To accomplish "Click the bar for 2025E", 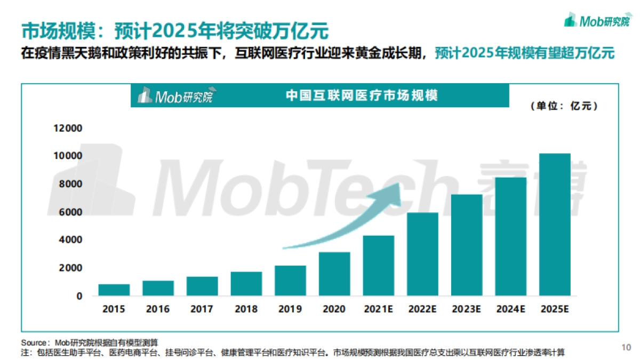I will tap(555, 225).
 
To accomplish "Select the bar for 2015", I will tap(114, 290).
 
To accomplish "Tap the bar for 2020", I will tap(334, 274).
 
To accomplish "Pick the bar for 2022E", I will tap(423, 254).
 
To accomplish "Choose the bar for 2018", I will tap(246, 284).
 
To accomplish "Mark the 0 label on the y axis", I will tap(79, 296).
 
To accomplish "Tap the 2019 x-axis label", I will tap(290, 309).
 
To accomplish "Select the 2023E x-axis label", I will tap(467, 309).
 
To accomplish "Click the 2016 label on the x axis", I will tap(158, 309).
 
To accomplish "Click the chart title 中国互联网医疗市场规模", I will tap(362, 95).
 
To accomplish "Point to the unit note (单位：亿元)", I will tap(564, 106).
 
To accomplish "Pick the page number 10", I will tap(627, 347).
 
